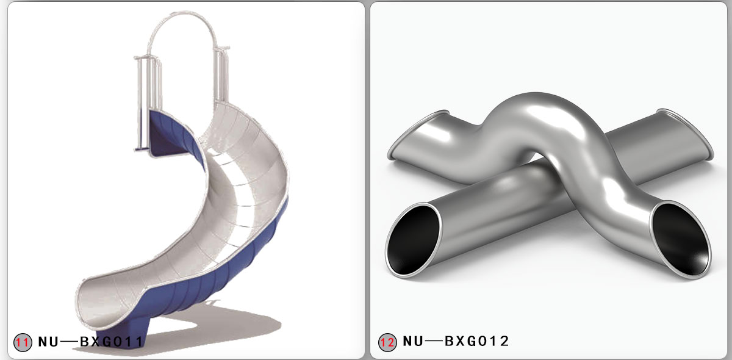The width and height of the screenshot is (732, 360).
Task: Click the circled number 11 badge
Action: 22,342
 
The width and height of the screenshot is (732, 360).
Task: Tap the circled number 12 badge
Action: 387,342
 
